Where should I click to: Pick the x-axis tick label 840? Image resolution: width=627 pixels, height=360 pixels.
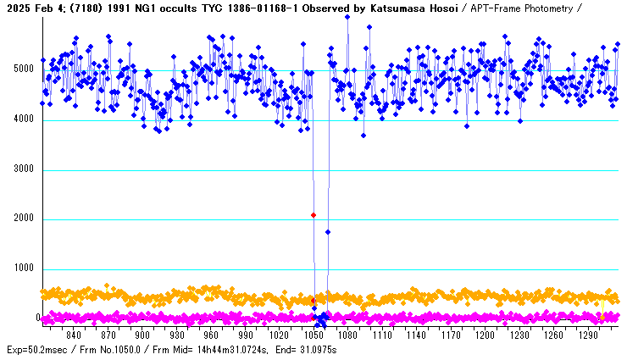click(x=74, y=335)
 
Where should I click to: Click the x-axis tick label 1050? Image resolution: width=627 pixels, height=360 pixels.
click(x=313, y=335)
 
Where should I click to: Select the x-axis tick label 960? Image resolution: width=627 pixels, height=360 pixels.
click(x=211, y=335)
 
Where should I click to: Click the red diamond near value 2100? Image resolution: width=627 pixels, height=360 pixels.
click(x=313, y=215)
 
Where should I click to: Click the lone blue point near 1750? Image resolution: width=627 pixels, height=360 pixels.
click(x=328, y=231)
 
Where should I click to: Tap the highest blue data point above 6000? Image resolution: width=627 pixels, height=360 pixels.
click(x=347, y=17)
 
